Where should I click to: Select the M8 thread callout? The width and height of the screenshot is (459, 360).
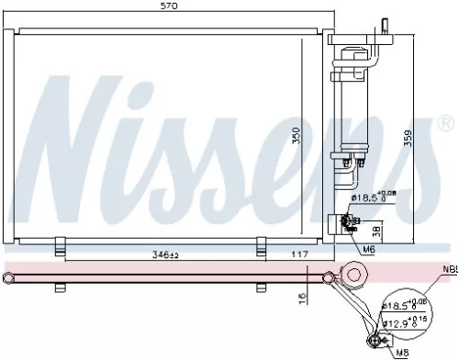click(x=401, y=350)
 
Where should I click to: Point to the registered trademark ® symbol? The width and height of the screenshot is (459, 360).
click(x=447, y=123)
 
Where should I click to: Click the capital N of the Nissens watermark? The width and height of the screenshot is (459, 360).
click(x=64, y=129)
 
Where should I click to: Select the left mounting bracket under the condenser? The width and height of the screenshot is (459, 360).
click(x=60, y=245)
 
